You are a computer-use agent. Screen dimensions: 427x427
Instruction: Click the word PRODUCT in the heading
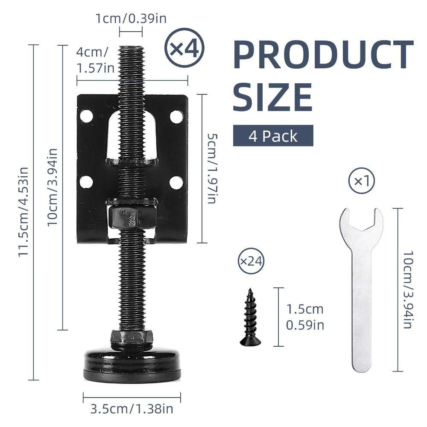323,55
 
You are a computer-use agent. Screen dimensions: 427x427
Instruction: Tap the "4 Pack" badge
273,136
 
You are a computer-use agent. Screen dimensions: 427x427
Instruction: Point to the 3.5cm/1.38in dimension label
132,409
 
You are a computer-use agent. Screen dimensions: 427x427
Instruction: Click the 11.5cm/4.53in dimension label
23,212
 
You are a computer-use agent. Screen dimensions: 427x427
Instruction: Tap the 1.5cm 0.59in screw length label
305,317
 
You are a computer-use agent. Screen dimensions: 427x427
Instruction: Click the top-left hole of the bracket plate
86,116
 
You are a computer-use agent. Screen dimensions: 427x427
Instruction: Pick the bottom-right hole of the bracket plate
176,182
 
